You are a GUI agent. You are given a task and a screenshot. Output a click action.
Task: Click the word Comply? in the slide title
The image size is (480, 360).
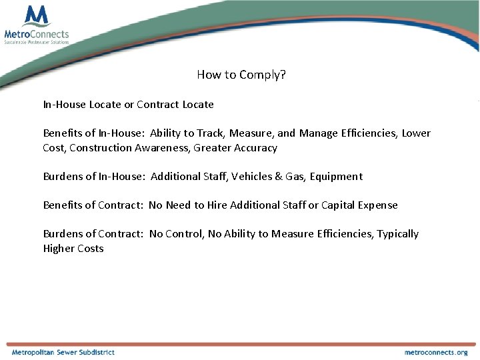tap(265, 75)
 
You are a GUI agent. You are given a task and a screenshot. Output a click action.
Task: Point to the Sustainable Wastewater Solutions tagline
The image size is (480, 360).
tap(37, 42)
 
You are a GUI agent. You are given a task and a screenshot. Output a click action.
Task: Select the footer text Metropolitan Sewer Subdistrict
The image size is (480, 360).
tap(63, 352)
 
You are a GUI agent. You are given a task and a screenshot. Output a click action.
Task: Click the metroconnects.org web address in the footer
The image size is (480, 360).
tap(436, 352)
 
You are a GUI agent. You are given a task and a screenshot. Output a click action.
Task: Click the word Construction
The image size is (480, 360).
tap(101, 148)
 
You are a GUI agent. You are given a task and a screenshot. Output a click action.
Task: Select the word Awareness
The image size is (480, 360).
tap(162, 148)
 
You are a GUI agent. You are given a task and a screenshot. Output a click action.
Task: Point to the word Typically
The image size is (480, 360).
tap(396, 234)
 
